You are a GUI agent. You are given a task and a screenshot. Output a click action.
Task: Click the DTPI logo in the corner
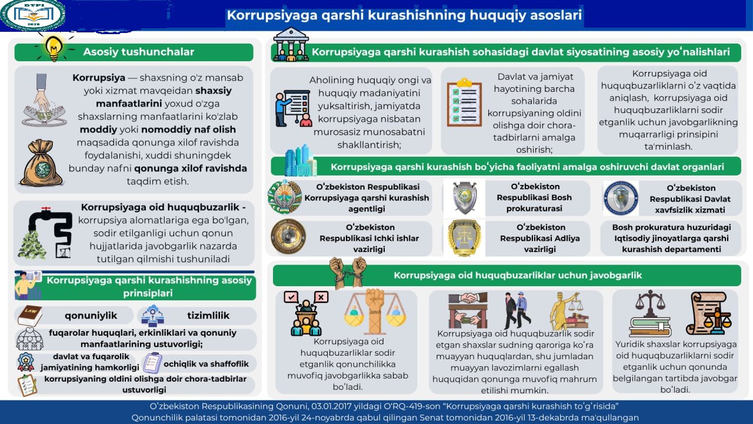pyautogui.click(x=32, y=15)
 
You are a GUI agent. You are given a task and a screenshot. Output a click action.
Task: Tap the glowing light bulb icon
pyautogui.click(x=54, y=47)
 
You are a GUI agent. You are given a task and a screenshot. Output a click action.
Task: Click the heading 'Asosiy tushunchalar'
pyautogui.click(x=138, y=52)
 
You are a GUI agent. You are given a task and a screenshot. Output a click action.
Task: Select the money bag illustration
pyautogui.click(x=41, y=163)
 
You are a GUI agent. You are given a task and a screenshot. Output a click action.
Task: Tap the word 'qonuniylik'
pyautogui.click(x=91, y=316)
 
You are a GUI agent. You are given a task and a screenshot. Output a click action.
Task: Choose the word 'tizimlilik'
pyautogui.click(x=208, y=316)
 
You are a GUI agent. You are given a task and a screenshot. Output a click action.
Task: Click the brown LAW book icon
pyautogui.click(x=29, y=316)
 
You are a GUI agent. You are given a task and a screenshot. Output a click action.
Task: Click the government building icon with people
pyautogui.click(x=291, y=44)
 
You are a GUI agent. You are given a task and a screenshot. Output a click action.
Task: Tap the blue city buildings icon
pyautogui.click(x=300, y=160)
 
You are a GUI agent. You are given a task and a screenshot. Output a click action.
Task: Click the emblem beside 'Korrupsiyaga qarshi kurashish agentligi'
pyautogui.click(x=285, y=197)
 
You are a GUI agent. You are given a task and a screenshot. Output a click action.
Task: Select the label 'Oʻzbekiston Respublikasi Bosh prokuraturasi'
pyautogui.click(x=534, y=197)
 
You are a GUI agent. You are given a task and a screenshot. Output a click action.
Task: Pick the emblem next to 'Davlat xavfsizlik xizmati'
pyautogui.click(x=621, y=198)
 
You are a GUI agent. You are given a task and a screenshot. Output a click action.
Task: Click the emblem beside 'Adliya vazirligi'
pyautogui.click(x=464, y=237)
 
